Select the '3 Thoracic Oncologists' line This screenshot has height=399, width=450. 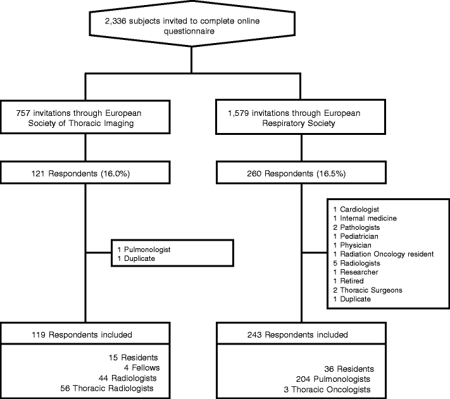(x=327, y=389)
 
